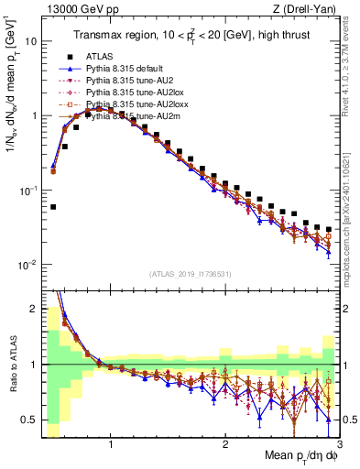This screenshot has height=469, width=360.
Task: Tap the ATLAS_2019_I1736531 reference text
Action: click(x=191, y=273)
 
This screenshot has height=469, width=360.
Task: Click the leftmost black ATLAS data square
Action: click(x=53, y=207)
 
